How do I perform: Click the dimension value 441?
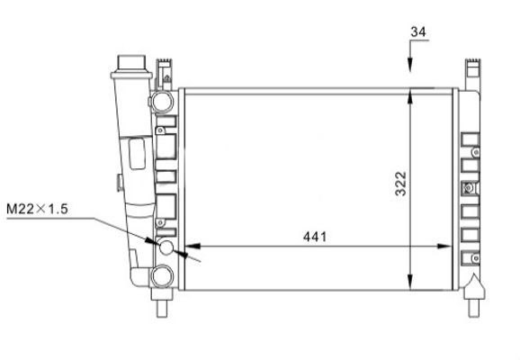coord(315,237)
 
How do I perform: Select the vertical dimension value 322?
coord(401,184)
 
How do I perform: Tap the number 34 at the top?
coord(418,31)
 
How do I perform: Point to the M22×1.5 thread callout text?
coord(37,209)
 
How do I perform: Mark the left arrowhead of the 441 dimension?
coord(193,247)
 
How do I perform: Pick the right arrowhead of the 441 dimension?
coord(444,247)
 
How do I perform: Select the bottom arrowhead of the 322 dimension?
coord(410,282)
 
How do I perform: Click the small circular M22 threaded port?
coord(166,247)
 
